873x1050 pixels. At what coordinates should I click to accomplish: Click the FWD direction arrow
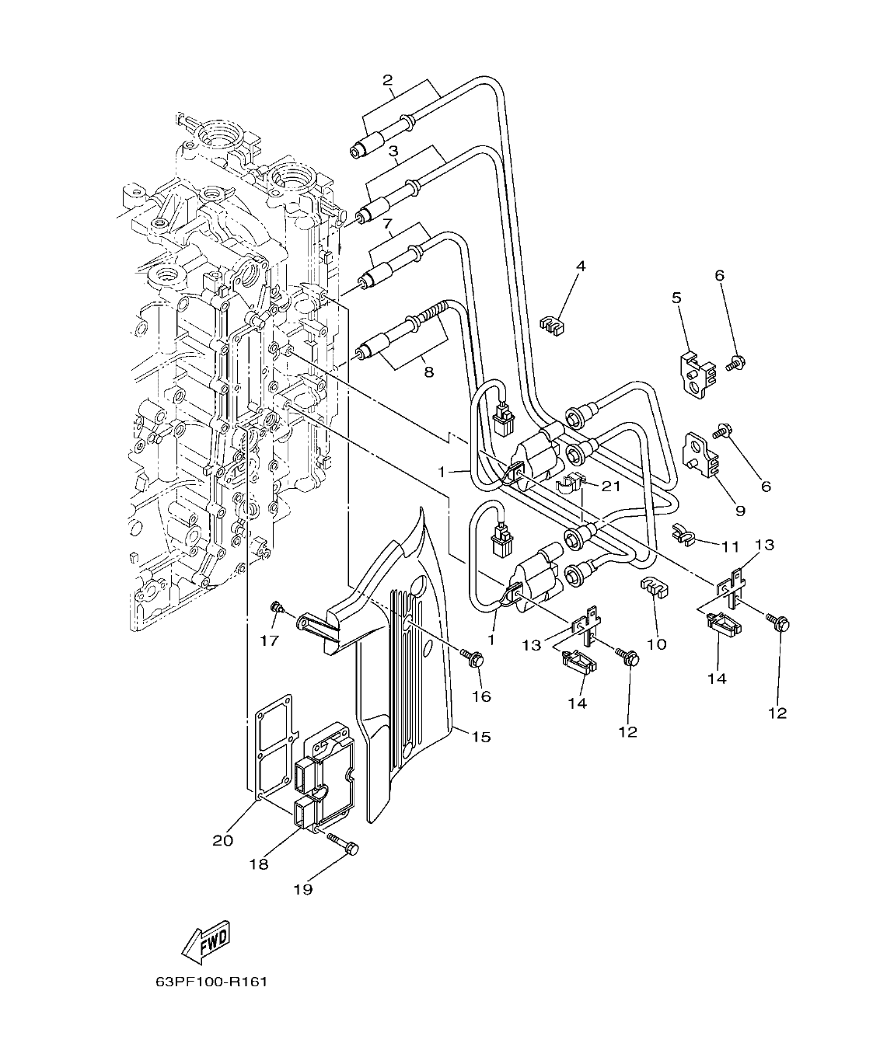click(205, 942)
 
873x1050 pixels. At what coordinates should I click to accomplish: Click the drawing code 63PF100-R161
click(211, 982)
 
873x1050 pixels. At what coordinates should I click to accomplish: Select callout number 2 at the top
click(387, 79)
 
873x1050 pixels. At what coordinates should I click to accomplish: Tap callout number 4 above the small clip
click(580, 267)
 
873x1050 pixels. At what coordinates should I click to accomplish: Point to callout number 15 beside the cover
click(481, 736)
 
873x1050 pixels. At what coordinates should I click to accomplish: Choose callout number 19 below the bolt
click(302, 889)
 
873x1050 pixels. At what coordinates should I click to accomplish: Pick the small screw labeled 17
click(275, 607)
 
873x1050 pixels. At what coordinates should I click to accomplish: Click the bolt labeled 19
click(342, 842)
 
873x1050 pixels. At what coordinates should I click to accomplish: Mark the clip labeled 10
click(653, 588)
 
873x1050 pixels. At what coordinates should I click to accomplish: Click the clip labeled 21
click(569, 486)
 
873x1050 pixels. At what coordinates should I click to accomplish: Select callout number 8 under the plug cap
click(428, 372)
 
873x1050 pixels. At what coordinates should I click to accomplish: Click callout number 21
click(610, 486)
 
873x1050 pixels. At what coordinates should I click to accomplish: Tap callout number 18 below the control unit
click(258, 863)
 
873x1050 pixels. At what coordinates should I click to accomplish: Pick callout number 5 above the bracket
click(676, 298)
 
